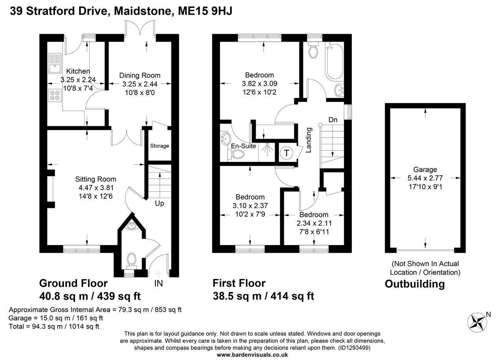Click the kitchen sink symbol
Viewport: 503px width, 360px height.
click(53, 64)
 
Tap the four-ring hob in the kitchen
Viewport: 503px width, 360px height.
click(54, 96)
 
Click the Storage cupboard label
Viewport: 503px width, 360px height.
click(160, 146)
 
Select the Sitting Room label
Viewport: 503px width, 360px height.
click(96, 179)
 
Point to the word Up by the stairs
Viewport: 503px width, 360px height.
click(160, 204)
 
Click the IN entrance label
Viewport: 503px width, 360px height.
click(159, 283)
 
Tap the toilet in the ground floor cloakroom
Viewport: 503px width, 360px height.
click(131, 259)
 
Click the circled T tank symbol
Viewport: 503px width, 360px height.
click(286, 153)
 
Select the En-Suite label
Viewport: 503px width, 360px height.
click(244, 146)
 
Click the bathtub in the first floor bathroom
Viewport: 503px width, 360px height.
click(334, 61)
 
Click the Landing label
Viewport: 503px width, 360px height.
click(309, 140)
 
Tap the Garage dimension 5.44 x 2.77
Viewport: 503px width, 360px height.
click(425, 178)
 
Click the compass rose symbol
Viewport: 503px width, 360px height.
click(478, 321)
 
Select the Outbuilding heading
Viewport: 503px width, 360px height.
click(415, 284)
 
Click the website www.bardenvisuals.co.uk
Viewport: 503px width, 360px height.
click(252, 354)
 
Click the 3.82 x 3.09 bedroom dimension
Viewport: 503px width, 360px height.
click(259, 83)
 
